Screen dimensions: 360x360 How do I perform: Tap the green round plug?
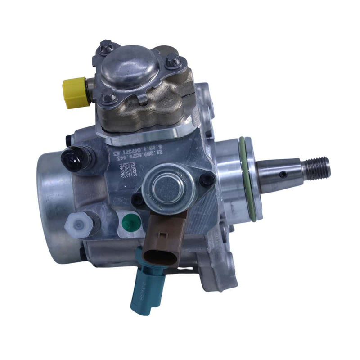[129, 222]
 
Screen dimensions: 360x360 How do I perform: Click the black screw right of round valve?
[207, 180]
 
